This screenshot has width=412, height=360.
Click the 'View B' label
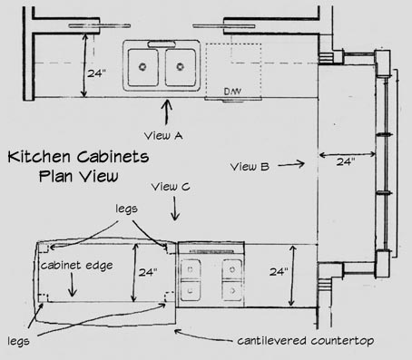(x=249, y=166)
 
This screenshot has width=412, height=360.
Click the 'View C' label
(x=170, y=188)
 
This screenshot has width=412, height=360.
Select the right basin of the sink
(x=180, y=63)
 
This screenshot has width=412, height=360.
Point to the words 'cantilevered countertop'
(x=294, y=342)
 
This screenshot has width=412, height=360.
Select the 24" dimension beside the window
(x=344, y=161)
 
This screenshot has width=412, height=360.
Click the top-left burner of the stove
(x=191, y=268)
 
